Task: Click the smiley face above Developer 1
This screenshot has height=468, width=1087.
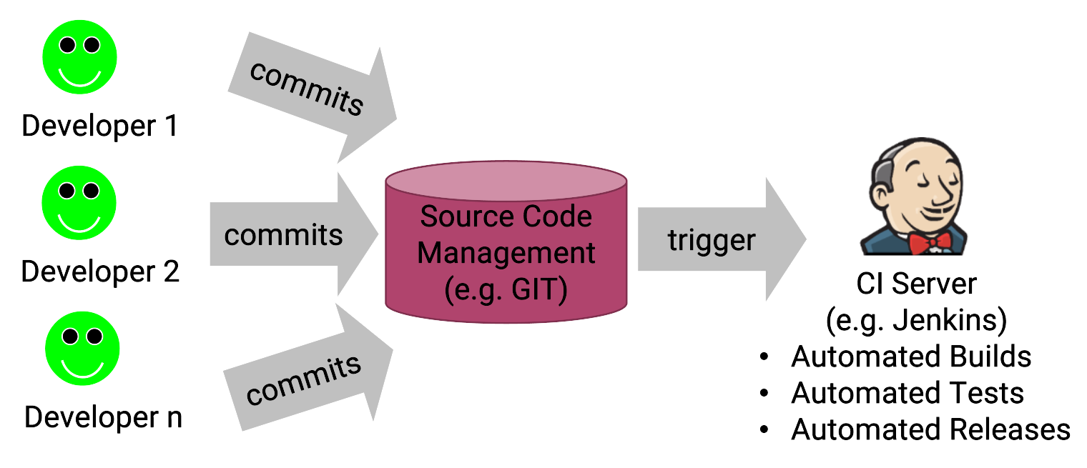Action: point(79,58)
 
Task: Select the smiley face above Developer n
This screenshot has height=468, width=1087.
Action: point(82,348)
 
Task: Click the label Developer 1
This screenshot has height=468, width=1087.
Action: point(99,126)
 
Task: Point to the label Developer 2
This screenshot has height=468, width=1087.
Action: point(100,272)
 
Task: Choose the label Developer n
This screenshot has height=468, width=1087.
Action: point(103,417)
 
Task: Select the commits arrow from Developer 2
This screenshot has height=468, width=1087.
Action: point(286,235)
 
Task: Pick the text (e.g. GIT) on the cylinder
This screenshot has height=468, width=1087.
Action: point(506,290)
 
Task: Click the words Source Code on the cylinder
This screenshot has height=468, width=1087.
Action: point(506,216)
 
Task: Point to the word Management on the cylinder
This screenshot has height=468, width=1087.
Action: point(506,253)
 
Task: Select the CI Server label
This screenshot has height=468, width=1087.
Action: point(916,284)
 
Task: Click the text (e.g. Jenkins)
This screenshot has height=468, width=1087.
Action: point(916,320)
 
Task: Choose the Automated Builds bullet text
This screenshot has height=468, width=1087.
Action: point(911,356)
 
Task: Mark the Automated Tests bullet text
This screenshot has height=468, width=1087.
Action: point(907,393)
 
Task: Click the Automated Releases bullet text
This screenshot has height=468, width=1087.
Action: point(930,429)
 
